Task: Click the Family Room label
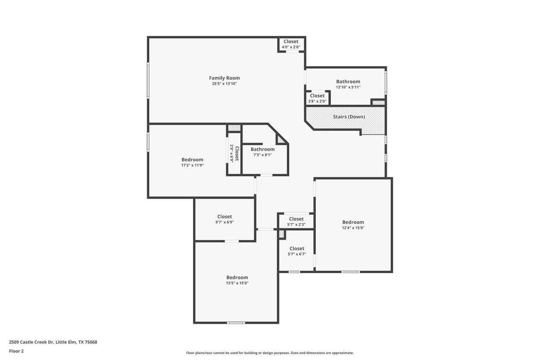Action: pos(224,78)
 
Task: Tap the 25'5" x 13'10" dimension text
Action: pos(224,84)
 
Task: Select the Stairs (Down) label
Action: pos(349,117)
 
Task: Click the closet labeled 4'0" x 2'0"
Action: pos(291,44)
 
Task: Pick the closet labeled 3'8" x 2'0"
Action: pos(317,98)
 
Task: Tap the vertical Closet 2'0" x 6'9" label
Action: pos(234,153)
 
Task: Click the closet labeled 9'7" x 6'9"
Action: pos(225,219)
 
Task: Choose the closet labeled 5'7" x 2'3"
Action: pos(296,221)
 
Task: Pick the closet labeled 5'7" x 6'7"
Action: pos(297,251)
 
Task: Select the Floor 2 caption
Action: pos(16,351)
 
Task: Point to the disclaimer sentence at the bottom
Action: pos(270,353)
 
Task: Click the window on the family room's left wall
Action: pos(148,80)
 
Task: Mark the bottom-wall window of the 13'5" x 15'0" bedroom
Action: pos(235,322)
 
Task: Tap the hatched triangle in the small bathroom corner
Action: pos(281,140)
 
